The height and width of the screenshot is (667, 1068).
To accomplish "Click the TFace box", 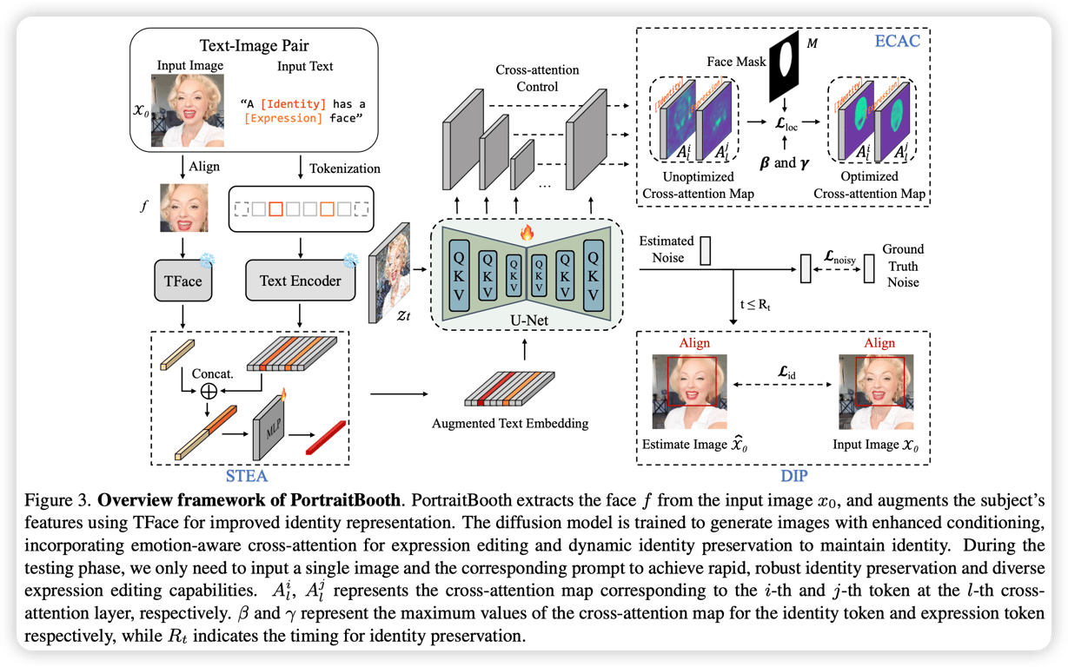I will [x=183, y=280].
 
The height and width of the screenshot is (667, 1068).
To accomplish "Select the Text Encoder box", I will [x=300, y=281].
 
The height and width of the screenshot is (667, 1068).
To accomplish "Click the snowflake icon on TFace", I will [x=207, y=259].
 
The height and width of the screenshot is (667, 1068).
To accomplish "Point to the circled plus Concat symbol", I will [x=208, y=390].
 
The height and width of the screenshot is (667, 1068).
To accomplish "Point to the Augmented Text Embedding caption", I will [x=509, y=425].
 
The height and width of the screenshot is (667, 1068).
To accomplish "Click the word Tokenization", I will [x=347, y=168].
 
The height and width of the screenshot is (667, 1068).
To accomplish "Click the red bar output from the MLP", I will [x=326, y=437].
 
